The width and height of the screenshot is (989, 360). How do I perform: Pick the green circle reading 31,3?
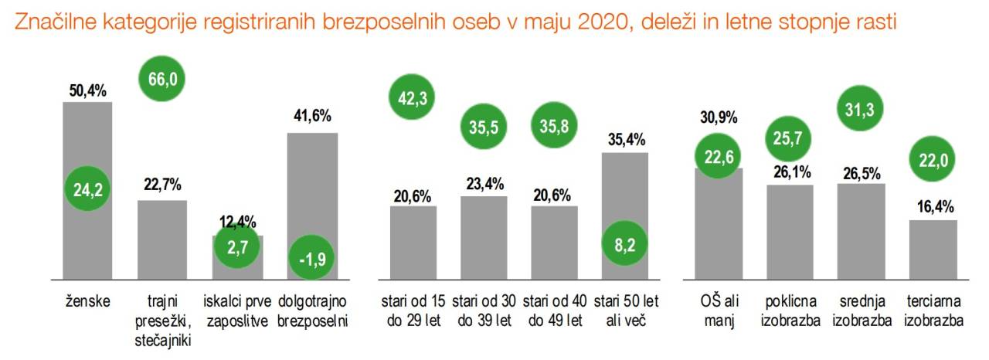(862, 110)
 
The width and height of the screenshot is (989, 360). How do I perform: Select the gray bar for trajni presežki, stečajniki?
(162, 239)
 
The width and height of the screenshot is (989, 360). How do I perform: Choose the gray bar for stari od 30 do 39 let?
(484, 237)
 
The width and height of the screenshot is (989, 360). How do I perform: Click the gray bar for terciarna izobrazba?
(933, 249)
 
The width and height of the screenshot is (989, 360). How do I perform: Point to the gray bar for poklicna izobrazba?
(790, 232)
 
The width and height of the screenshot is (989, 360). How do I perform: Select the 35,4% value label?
(627, 140)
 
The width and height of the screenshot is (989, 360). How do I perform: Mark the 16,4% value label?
(933, 207)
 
